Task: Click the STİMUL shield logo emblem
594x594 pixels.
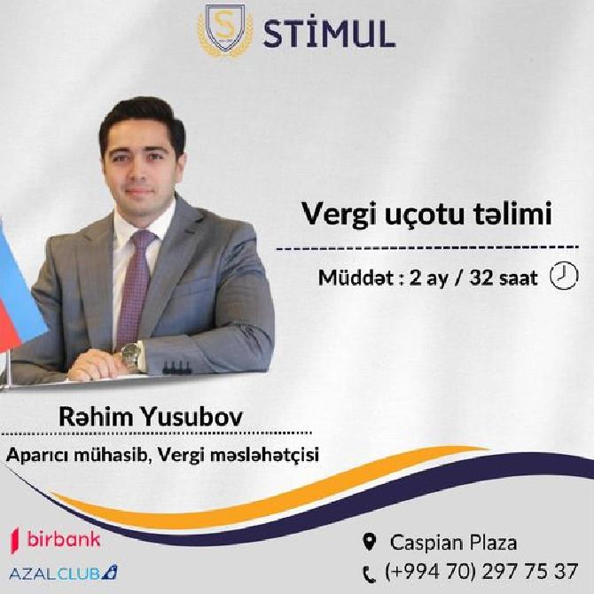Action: (x=226, y=30)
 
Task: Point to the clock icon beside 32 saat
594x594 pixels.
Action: (x=564, y=276)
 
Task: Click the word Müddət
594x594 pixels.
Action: (x=356, y=277)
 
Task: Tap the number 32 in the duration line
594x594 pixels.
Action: (x=481, y=277)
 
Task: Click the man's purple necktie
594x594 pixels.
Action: (x=135, y=288)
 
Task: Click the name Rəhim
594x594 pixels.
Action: (x=97, y=417)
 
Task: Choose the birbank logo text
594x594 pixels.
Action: (x=64, y=539)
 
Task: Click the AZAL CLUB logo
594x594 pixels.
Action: (x=63, y=573)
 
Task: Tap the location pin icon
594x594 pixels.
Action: (x=369, y=542)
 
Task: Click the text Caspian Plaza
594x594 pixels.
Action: (x=453, y=542)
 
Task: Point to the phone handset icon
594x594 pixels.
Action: (x=369, y=574)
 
